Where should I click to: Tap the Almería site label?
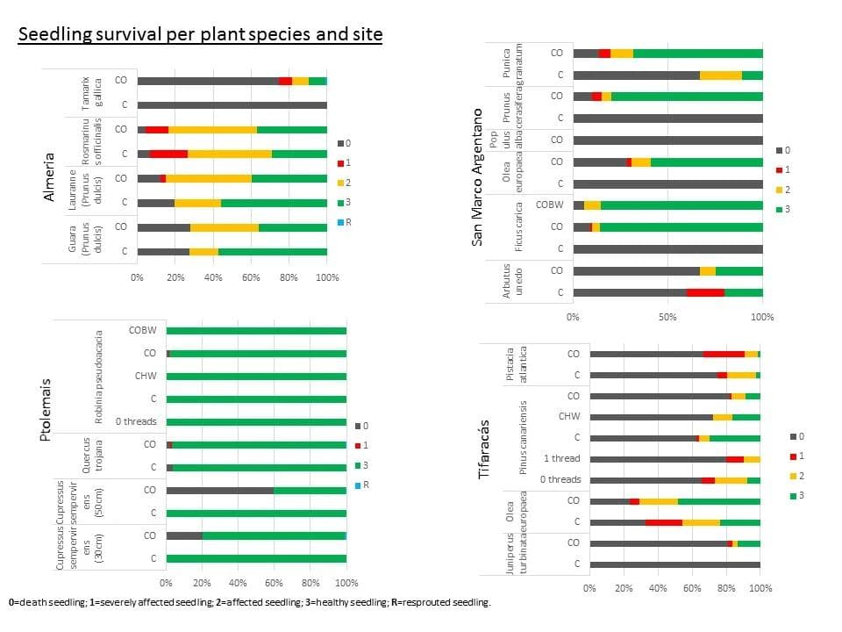tap(50, 177)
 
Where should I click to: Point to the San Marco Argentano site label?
tap(478, 176)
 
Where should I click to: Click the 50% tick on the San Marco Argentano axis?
tap(667, 316)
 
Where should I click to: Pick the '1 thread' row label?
tap(561, 459)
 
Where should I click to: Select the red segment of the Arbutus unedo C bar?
tap(705, 292)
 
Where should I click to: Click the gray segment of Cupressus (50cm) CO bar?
tap(219, 490)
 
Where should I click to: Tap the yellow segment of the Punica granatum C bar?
tap(720, 75)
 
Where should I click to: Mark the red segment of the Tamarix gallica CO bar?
tap(285, 81)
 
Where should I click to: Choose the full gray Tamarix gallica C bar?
tap(232, 105)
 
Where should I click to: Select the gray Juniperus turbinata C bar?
tap(674, 564)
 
